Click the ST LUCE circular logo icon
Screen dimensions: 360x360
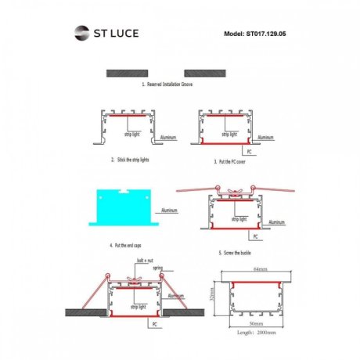click(82, 34)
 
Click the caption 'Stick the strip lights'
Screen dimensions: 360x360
click(131, 159)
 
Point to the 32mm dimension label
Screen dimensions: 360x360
click(213, 298)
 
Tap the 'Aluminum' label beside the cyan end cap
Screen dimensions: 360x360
click(169, 211)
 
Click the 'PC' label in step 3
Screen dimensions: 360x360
click(248, 149)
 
